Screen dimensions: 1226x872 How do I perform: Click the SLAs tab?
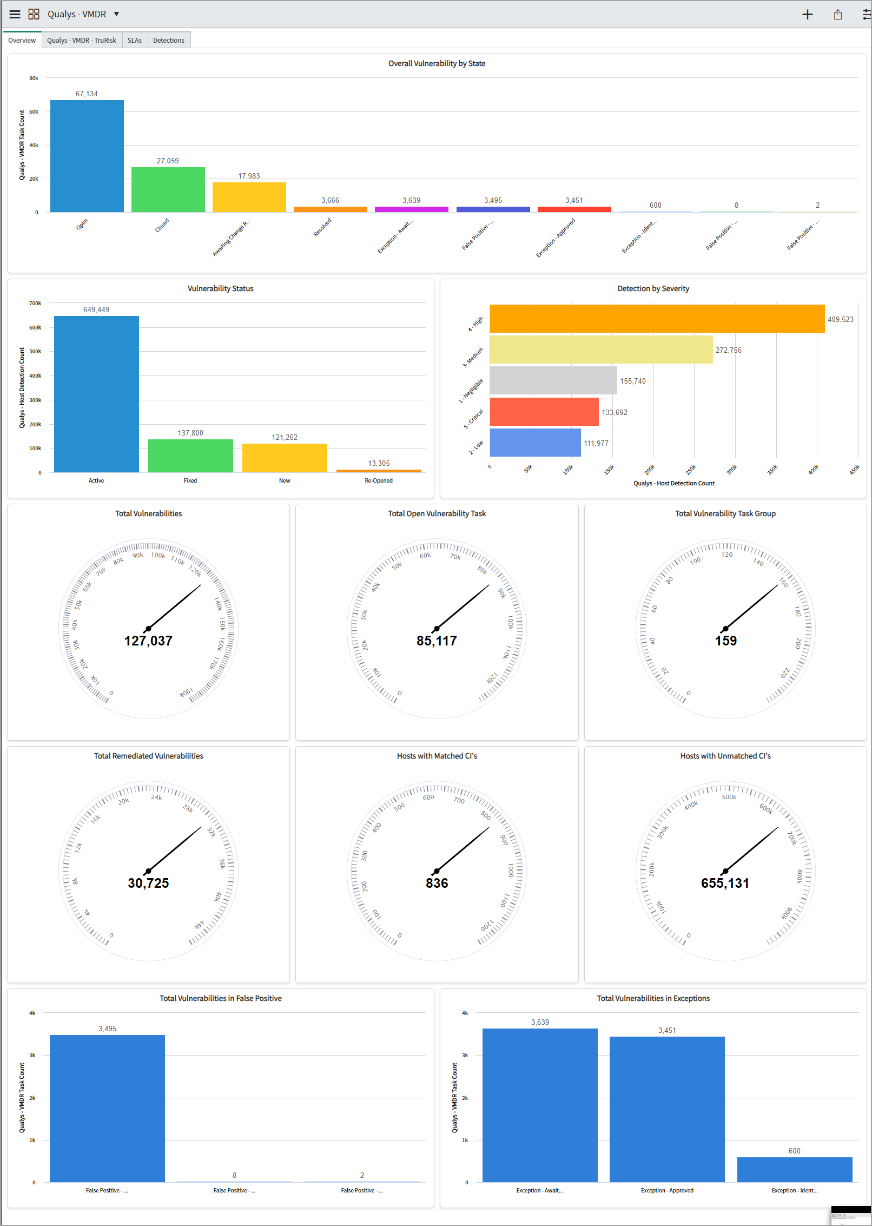pos(134,41)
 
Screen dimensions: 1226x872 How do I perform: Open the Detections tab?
pos(168,41)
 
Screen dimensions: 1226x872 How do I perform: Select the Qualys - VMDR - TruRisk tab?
pos(82,41)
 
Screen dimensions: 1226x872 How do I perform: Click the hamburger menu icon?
pos(15,15)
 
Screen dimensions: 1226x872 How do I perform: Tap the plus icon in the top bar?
pos(807,15)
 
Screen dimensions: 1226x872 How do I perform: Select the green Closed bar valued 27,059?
pos(168,189)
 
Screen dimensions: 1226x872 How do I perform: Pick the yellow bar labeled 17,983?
pos(249,197)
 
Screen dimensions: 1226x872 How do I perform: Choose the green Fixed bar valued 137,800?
pos(190,456)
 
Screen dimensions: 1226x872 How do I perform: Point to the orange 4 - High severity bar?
pos(657,319)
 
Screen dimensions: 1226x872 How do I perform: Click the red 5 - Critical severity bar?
pos(544,412)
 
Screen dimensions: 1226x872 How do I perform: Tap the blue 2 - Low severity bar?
pos(535,443)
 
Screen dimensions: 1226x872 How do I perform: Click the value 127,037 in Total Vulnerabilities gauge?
pos(148,641)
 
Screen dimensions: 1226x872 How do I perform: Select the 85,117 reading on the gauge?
pos(437,641)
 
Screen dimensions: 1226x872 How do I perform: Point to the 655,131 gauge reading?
pos(725,884)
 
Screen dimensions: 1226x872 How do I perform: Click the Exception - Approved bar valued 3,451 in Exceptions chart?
pos(667,1109)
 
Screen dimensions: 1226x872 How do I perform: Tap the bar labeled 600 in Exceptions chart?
pos(794,1170)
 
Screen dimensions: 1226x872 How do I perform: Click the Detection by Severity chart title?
pos(653,289)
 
